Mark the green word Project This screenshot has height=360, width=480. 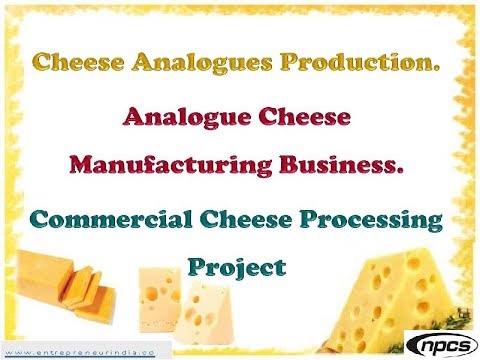[237, 268]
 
